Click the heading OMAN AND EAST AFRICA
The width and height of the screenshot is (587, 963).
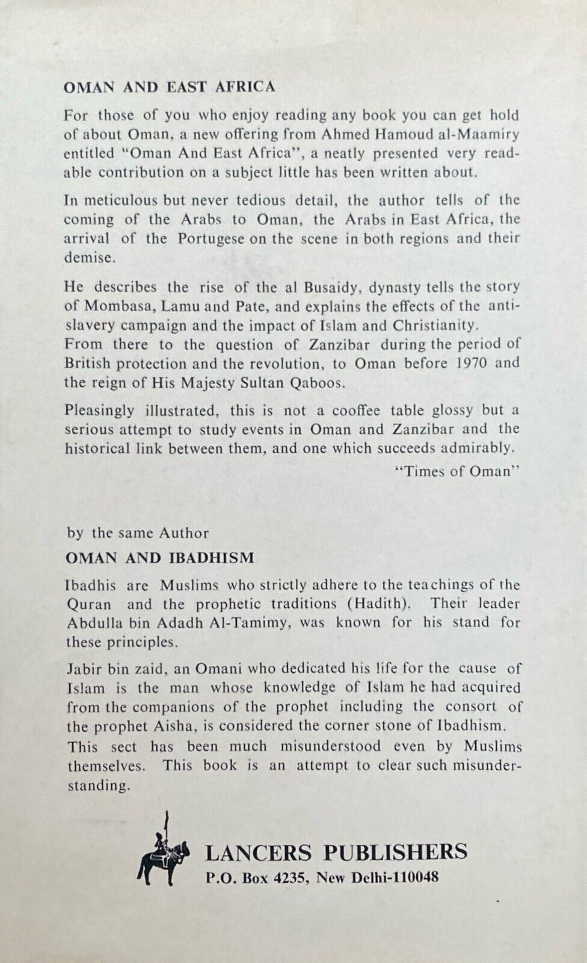point(169,87)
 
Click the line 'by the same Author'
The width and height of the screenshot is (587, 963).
point(138,533)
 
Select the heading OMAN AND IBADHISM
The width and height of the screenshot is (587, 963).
point(159,557)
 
